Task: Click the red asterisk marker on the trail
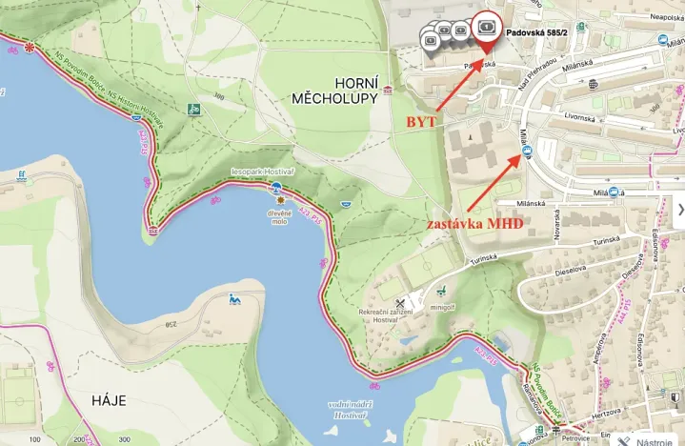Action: click(x=31, y=47)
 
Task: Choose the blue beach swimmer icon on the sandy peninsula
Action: click(x=234, y=301)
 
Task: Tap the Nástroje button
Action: click(x=653, y=441)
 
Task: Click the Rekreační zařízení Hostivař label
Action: click(x=386, y=315)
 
